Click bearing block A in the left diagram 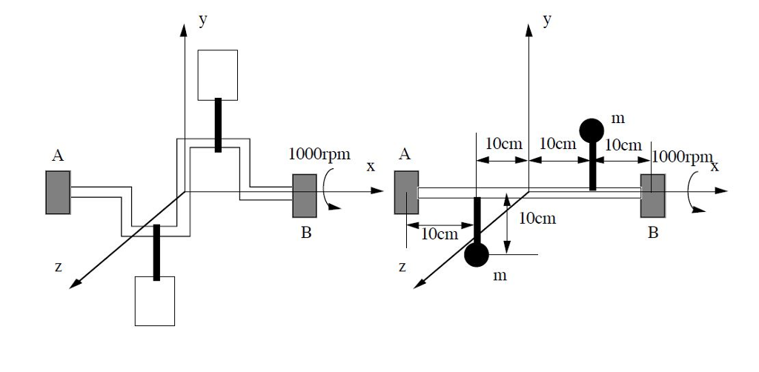tap(58, 193)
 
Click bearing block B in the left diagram tap(305, 196)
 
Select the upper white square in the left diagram tap(218, 75)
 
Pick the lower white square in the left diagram tap(155, 301)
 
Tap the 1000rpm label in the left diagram tap(319, 156)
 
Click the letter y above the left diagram tap(202, 21)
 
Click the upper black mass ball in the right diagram tap(591, 130)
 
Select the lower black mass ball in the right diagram tap(477, 255)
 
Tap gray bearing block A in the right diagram tap(406, 193)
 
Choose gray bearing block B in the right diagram tap(653, 196)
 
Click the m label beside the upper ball tap(617, 119)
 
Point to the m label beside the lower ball tap(500, 276)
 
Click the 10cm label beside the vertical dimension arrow tap(537, 218)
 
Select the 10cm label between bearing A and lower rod tap(440, 235)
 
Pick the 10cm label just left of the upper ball tap(558, 144)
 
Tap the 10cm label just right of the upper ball tap(623, 145)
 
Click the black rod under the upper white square tap(218, 125)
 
